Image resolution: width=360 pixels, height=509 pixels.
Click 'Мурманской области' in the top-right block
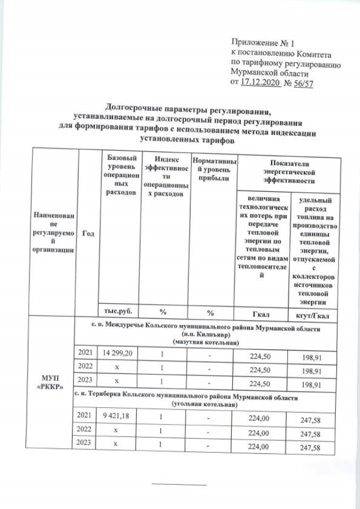pyautogui.click(x=270, y=73)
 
